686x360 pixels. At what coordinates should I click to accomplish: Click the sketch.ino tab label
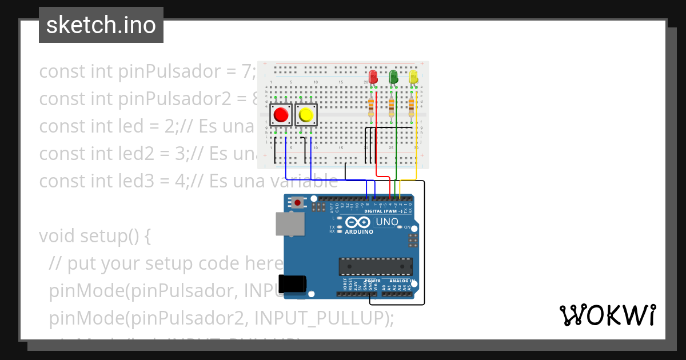click(101, 25)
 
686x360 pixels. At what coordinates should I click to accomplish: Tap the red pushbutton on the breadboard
click(281, 115)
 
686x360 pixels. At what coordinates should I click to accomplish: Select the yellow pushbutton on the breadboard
click(306, 115)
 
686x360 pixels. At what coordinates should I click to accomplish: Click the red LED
click(373, 76)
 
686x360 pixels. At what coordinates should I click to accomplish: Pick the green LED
click(393, 76)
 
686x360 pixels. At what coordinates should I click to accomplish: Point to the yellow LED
click(413, 76)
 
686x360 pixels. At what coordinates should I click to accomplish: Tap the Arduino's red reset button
click(297, 202)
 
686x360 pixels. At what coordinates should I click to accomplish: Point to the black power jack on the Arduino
click(292, 283)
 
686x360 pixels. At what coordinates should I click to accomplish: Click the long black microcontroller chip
click(376, 266)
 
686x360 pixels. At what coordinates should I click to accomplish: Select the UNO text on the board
click(387, 222)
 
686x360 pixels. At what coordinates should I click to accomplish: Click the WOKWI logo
click(607, 315)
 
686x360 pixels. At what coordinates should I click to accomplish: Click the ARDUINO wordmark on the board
click(359, 231)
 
